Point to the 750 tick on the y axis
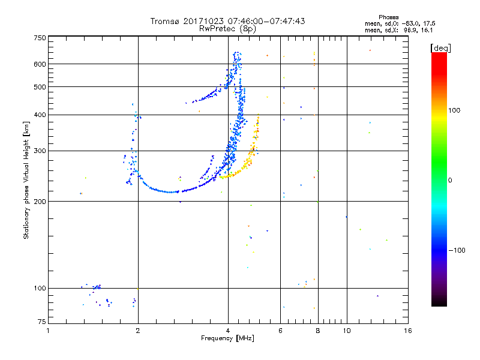40,38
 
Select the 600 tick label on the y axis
40,64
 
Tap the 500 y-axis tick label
40,87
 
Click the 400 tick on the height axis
40,115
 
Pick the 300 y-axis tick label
40,151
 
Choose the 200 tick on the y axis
40,202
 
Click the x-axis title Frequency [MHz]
227,338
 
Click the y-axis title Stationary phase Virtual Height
26,181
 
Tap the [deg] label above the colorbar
440,47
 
